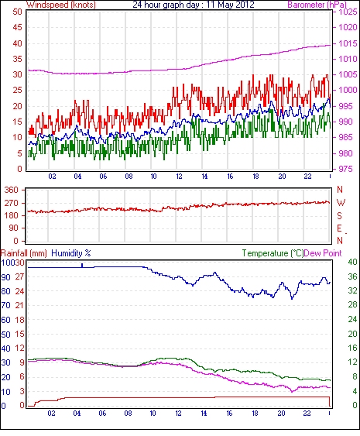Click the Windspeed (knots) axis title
61,5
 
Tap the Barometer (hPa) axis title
317,5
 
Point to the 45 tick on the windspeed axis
17,28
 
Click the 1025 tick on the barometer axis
348,12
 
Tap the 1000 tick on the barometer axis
348,90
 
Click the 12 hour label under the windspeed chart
179,177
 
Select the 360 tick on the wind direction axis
12,191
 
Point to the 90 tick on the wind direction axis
14,228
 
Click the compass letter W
341,203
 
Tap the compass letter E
339,228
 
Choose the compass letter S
339,215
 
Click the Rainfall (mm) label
24,253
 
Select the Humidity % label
71,253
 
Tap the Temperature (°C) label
273,253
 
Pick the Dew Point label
323,253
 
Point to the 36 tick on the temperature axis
352,276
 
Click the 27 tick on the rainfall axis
20,276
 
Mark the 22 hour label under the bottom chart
307,414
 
